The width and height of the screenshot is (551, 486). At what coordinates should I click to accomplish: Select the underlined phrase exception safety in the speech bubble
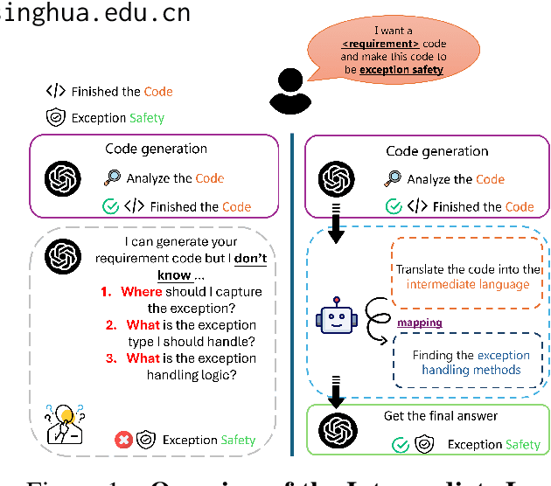click(x=401, y=69)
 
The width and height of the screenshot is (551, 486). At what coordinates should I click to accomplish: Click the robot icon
click(x=339, y=318)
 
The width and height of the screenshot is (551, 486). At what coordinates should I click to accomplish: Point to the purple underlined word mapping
click(x=420, y=323)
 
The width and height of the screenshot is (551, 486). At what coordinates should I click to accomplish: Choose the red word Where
click(x=142, y=291)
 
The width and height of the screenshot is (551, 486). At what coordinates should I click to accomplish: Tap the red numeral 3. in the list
click(x=111, y=358)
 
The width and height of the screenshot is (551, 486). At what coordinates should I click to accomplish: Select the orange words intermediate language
click(x=468, y=285)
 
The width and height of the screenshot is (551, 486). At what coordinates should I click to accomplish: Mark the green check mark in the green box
click(x=401, y=444)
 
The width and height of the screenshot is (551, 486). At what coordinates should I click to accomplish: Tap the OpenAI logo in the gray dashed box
click(x=62, y=254)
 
